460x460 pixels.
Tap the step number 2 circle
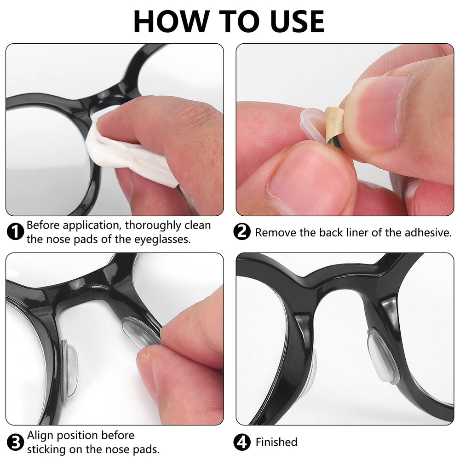pos(242,232)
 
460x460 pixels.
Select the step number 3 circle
pos(16,443)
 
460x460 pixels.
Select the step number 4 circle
pos(242,443)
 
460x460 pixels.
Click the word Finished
pos(276,443)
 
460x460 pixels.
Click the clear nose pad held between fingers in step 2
pos(313,124)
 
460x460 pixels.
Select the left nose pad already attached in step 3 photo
pos(69,370)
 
